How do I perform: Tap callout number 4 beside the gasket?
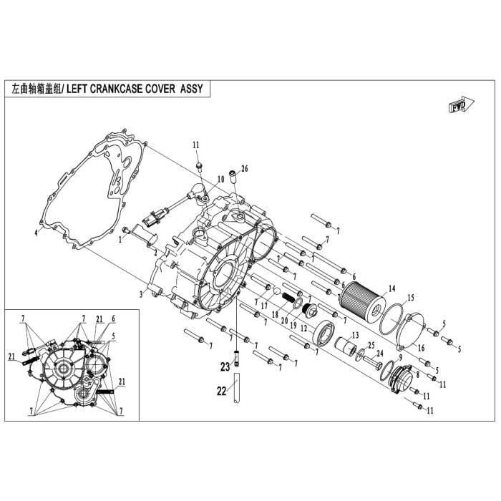coord(35,233)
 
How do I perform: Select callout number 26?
coord(244,169)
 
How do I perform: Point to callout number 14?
coord(391,289)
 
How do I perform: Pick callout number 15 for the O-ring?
coord(411,298)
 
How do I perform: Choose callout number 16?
coord(422,347)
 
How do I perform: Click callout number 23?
coord(225,366)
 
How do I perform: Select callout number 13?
coord(354,336)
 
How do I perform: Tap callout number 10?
coord(221,179)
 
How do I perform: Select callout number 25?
coord(371,346)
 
